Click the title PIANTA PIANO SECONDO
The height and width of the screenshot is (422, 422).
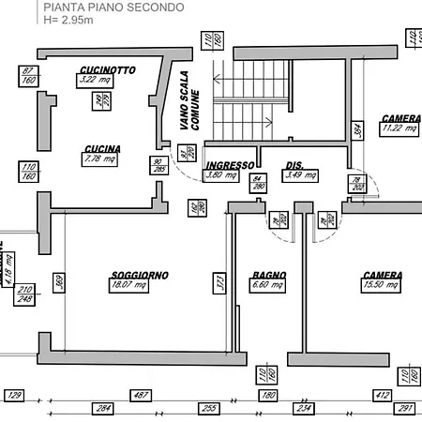click(113, 8)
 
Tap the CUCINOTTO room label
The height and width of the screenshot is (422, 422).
click(108, 69)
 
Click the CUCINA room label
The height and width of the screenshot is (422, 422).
click(101, 148)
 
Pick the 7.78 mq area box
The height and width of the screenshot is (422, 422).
click(99, 159)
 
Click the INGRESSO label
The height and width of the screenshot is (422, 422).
click(229, 165)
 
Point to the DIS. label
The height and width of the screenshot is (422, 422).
click(294, 165)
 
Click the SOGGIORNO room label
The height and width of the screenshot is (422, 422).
click(139, 275)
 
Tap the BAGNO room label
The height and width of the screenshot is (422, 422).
click(269, 275)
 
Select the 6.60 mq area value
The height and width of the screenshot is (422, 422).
click(267, 285)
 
